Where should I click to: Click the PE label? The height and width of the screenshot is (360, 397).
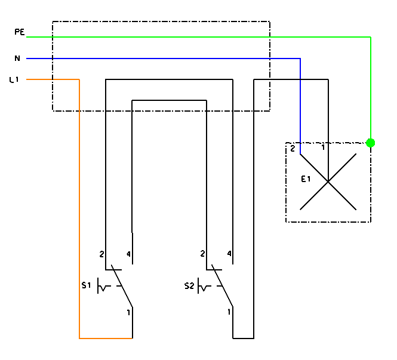tap(19, 33)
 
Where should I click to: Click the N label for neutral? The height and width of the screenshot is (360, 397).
tap(17, 58)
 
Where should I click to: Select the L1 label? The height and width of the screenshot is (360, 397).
tap(14, 79)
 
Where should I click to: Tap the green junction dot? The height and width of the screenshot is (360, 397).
tap(371, 143)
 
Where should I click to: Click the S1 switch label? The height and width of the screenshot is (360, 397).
tap(86, 286)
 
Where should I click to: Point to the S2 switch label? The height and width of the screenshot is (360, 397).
tap(189, 286)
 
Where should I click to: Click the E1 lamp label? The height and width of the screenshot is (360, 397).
tap(305, 179)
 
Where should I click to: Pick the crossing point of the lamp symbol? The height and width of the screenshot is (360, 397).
tap(328, 181)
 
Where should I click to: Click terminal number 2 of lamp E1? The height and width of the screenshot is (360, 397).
tap(293, 149)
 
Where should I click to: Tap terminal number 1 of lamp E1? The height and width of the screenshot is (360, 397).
tap(323, 147)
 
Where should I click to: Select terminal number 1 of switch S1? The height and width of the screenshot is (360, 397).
tap(128, 312)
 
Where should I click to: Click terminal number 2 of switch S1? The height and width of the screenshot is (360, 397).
tap(102, 254)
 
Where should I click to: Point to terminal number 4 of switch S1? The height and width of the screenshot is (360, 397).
tap(128, 254)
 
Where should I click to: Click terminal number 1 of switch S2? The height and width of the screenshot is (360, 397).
tap(229, 312)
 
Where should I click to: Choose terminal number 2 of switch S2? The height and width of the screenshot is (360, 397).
tap(203, 254)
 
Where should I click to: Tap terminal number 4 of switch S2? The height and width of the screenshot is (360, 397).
tap(229, 254)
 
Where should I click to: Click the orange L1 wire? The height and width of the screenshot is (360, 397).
tap(79, 209)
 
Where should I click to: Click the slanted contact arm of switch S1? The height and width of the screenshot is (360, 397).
tap(122, 287)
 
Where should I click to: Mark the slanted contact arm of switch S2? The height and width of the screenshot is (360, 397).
tap(222, 287)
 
